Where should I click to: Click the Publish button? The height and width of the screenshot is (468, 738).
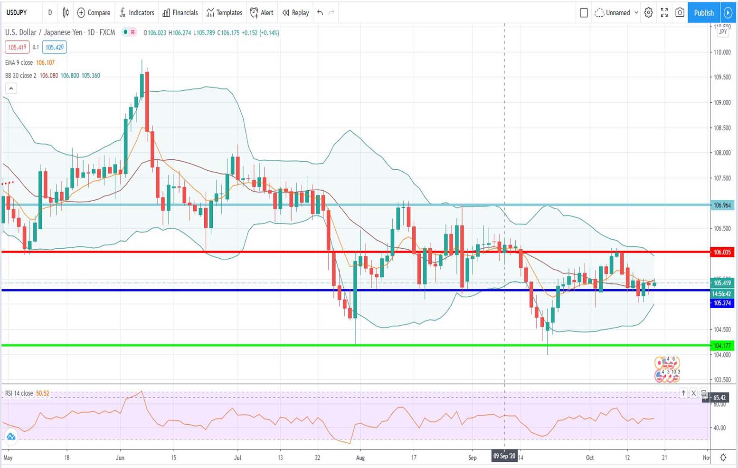[x=703, y=13]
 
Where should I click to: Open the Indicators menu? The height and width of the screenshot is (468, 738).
[x=137, y=13]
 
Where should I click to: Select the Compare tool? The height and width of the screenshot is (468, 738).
[x=94, y=13]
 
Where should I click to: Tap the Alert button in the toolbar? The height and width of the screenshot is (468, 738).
[x=262, y=13]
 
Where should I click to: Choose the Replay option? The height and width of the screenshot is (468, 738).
[x=295, y=13]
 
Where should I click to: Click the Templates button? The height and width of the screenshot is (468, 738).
[x=224, y=13]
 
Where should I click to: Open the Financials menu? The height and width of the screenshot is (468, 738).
[x=180, y=13]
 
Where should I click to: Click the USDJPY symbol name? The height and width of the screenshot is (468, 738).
[x=17, y=13]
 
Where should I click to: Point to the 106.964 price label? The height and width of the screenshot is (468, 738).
[x=722, y=205]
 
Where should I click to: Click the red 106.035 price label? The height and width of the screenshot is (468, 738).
[x=722, y=252]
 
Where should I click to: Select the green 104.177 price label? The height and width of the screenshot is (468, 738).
[x=722, y=346]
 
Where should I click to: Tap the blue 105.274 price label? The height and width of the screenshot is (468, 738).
[x=722, y=303]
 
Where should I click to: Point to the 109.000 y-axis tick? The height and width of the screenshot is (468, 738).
[x=722, y=103]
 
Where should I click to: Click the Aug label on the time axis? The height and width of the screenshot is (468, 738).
[x=360, y=458]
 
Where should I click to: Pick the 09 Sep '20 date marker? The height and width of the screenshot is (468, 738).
[x=504, y=456]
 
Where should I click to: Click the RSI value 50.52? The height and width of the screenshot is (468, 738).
[x=43, y=393]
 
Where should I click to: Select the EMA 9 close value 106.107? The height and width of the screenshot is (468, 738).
[x=46, y=63]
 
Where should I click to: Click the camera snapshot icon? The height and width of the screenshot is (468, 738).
[x=680, y=13]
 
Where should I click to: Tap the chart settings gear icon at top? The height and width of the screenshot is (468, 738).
[x=648, y=13]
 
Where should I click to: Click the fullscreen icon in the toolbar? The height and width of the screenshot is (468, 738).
[x=664, y=13]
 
